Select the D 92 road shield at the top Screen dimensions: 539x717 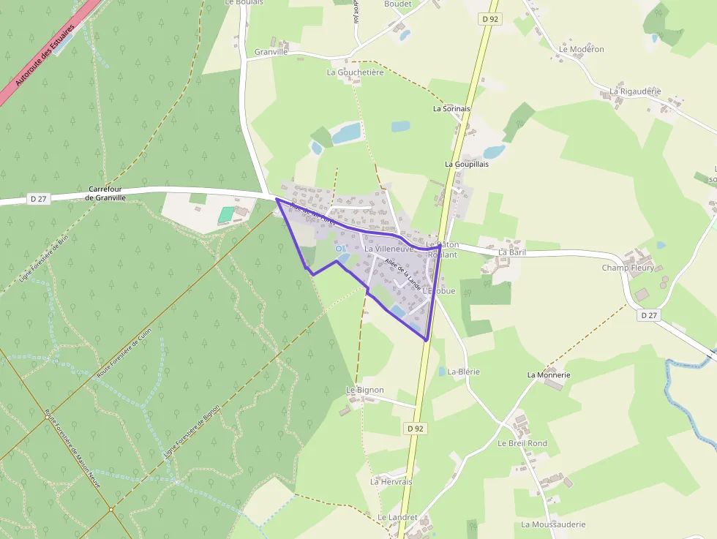[490, 19]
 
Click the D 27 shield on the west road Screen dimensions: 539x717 [39, 199]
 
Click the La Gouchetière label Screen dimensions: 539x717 [355, 72]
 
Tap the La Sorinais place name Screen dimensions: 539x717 [451, 108]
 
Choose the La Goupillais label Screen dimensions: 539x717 [466, 164]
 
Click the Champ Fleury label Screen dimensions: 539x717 [628, 268]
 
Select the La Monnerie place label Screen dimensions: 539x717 [548, 374]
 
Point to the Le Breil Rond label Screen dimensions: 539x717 [522, 443]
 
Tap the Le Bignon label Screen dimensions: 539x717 [364, 390]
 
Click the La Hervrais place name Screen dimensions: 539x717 [391, 482]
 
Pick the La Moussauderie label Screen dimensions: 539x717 [553, 524]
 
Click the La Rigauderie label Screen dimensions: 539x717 [635, 91]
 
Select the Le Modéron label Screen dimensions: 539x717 [582, 49]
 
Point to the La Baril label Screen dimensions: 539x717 [512, 252]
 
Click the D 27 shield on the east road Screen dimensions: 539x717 [647, 315]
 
